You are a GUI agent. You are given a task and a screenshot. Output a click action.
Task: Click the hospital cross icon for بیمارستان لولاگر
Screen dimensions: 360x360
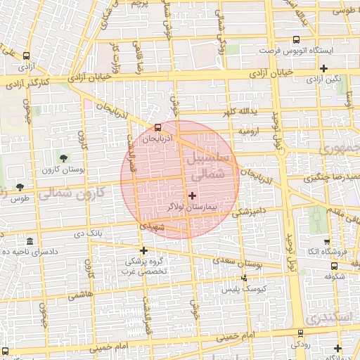point(193,195)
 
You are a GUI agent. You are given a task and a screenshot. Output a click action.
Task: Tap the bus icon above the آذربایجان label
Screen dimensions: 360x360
point(157,128)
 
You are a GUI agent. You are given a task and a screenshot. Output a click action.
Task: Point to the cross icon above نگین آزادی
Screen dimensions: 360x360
point(323,68)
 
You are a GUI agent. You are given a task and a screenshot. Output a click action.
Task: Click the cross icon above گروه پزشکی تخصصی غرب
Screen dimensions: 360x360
point(143,250)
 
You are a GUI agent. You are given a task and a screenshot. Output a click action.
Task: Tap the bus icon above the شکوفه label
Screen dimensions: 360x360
point(335,266)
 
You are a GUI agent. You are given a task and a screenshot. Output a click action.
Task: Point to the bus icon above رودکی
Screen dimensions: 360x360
point(300,333)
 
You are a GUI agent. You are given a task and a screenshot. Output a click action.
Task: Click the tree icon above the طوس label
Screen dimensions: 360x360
point(19,187)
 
